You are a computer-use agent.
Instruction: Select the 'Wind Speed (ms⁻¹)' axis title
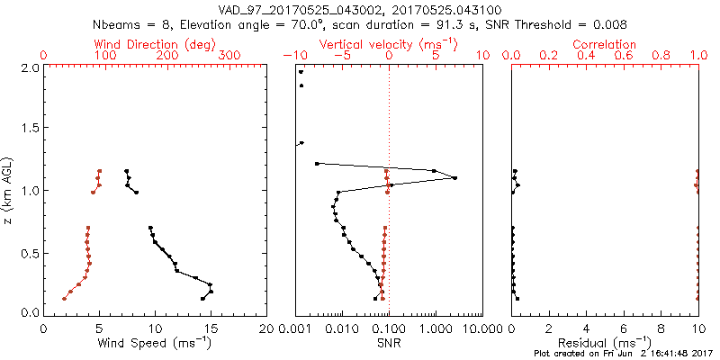tap(155, 343)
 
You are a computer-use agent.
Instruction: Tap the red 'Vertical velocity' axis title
tap(389, 43)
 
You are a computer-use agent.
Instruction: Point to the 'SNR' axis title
tap(389, 343)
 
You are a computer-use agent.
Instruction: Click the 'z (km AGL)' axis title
tap(9, 190)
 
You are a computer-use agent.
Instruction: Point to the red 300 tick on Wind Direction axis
tap(229, 56)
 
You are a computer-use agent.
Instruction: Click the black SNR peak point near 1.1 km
tap(455, 178)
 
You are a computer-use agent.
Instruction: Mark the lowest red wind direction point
tap(64, 299)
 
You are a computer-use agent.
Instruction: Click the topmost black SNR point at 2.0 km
tap(301, 72)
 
